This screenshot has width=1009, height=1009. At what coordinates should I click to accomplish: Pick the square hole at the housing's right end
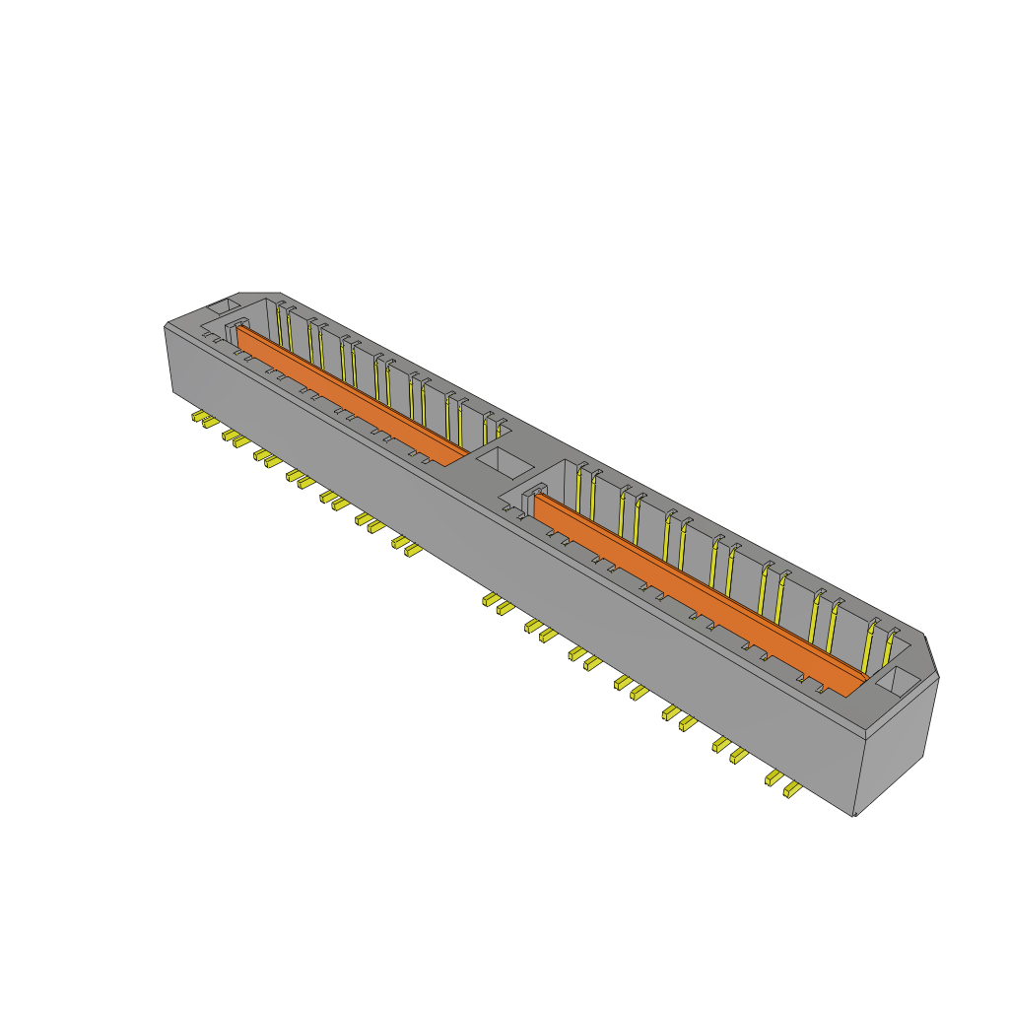tap(898, 680)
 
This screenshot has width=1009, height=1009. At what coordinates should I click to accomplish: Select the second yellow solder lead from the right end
tap(774, 778)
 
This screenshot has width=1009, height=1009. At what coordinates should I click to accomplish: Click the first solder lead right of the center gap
tap(489, 599)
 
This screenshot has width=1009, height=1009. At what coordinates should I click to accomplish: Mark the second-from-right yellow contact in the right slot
tap(870, 641)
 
